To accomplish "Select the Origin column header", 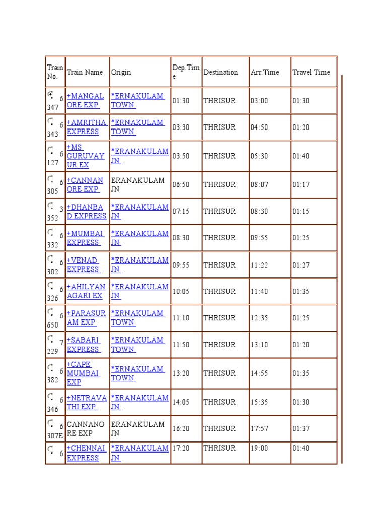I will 121,72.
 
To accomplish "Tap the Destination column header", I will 220,72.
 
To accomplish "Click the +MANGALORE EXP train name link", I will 85,100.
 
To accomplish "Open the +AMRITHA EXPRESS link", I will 86,127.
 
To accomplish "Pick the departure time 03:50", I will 181,156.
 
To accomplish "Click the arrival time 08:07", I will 259,185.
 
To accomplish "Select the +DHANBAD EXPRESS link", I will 86,212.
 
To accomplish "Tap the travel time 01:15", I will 301,212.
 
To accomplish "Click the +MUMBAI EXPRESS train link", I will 85,238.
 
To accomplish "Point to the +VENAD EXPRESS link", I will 83,265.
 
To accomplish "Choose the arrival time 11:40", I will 259,292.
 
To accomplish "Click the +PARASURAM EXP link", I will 86,318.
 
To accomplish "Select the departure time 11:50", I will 181,345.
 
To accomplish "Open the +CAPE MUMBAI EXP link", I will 83,373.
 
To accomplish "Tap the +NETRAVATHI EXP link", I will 86,402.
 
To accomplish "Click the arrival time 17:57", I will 259,429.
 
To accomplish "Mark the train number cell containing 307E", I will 55,429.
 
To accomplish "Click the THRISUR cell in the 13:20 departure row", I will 219,373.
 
